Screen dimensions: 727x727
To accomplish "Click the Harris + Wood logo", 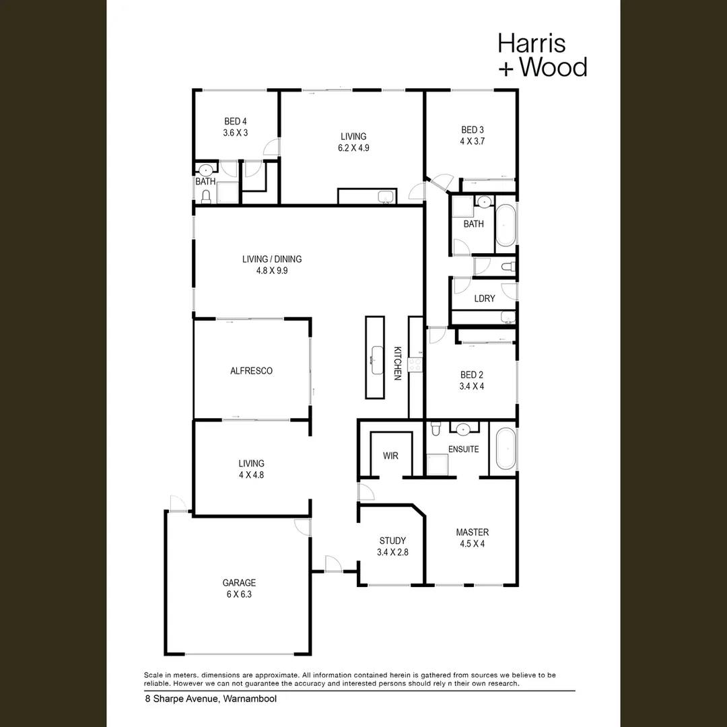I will pyautogui.click(x=542, y=55).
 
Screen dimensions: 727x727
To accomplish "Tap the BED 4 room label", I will pyautogui.click(x=236, y=121).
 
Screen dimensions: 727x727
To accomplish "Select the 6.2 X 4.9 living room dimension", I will pyautogui.click(x=353, y=148).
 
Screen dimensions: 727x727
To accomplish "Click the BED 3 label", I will pyautogui.click(x=473, y=130).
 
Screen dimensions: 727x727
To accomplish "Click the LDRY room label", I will pyautogui.click(x=485, y=298).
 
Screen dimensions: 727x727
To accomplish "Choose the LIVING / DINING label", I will pyautogui.click(x=272, y=258).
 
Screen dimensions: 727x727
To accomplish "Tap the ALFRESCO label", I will pyautogui.click(x=251, y=371).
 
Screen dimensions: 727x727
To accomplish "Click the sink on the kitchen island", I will pyautogui.click(x=377, y=359).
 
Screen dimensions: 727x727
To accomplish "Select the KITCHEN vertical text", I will pyautogui.click(x=397, y=363).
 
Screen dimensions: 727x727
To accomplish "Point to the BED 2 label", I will pyautogui.click(x=471, y=375).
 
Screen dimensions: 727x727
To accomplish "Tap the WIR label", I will pyautogui.click(x=390, y=456).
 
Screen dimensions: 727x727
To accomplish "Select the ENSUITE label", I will pyautogui.click(x=463, y=449).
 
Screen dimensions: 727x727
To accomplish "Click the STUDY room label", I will pyautogui.click(x=392, y=541).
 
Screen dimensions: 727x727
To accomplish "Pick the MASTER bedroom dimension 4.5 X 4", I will pyautogui.click(x=472, y=544).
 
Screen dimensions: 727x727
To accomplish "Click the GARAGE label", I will pyautogui.click(x=239, y=583).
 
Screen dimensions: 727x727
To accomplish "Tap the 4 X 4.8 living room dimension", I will pyautogui.click(x=251, y=475).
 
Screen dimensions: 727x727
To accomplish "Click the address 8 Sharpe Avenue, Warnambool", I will pyautogui.click(x=211, y=699).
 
